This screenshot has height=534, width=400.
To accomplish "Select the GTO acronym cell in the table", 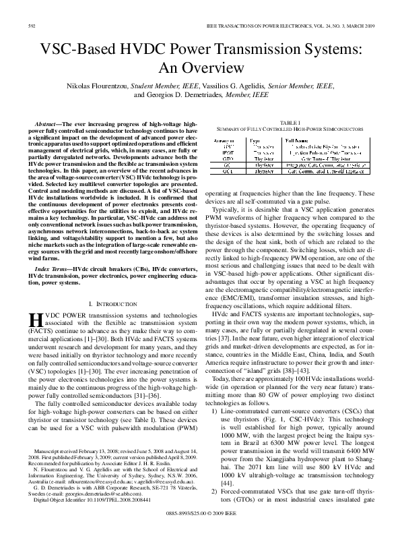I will pos(228,158).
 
